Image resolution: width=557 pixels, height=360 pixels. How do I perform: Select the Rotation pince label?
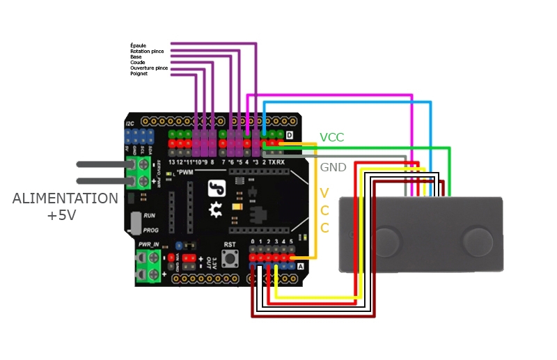pyautogui.click(x=147, y=51)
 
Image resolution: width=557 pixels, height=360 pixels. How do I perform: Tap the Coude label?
pyautogui.click(x=137, y=63)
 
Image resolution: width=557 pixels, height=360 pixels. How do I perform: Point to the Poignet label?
pyautogui.click(x=139, y=74)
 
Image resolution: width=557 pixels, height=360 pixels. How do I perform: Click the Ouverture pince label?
pyautogui.click(x=148, y=68)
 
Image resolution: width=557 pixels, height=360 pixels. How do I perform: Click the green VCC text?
pyautogui.click(x=332, y=138)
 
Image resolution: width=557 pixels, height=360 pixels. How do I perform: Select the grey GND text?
pyautogui.click(x=333, y=168)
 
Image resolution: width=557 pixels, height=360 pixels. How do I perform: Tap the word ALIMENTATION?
pyautogui.click(x=65, y=199)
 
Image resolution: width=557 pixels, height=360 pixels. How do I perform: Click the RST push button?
pyautogui.click(x=230, y=258)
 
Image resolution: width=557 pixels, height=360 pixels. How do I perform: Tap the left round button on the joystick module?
pyautogui.click(x=385, y=241)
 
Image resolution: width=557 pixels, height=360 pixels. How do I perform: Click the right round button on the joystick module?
pyautogui.click(x=480, y=241)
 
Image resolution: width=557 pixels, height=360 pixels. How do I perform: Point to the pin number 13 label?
pyautogui.click(x=173, y=162)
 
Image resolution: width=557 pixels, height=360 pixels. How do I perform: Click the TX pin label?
pyautogui.click(x=273, y=162)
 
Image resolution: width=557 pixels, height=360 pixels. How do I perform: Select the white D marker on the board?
pyautogui.click(x=288, y=134)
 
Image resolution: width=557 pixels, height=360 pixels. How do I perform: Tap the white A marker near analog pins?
pyautogui.click(x=300, y=266)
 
